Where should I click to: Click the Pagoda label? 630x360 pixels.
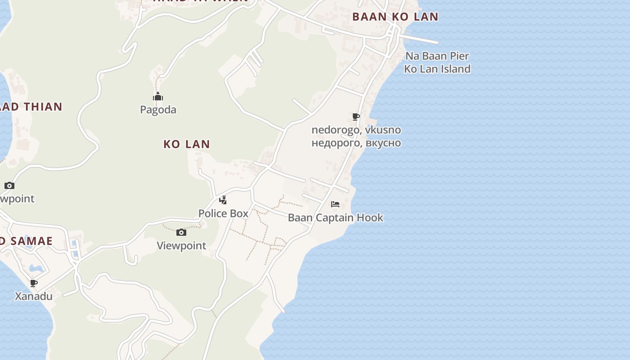(x=158, y=110)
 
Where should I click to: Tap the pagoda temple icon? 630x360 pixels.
(x=157, y=97)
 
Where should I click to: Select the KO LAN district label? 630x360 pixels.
(x=186, y=144)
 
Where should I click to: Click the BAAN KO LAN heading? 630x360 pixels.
(x=395, y=17)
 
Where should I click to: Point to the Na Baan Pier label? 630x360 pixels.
(x=437, y=56)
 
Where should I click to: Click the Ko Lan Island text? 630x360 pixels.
(x=437, y=69)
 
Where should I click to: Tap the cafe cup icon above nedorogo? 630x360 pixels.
(x=356, y=117)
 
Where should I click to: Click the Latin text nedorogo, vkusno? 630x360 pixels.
(x=356, y=130)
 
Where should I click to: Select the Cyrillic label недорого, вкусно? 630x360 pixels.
(x=356, y=143)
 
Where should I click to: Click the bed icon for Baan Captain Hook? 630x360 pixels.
(x=335, y=204)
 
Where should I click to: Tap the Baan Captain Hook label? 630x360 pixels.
(x=335, y=218)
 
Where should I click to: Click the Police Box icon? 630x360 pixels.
(x=223, y=200)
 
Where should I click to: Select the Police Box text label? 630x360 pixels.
(x=223, y=213)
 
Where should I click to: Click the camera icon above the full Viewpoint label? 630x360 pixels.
(x=181, y=232)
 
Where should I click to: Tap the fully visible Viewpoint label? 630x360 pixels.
(x=181, y=246)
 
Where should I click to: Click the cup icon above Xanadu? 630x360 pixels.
(x=34, y=283)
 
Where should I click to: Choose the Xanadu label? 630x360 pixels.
(x=34, y=297)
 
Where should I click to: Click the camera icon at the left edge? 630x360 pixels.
(x=9, y=185)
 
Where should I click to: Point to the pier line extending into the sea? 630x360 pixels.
(x=421, y=40)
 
